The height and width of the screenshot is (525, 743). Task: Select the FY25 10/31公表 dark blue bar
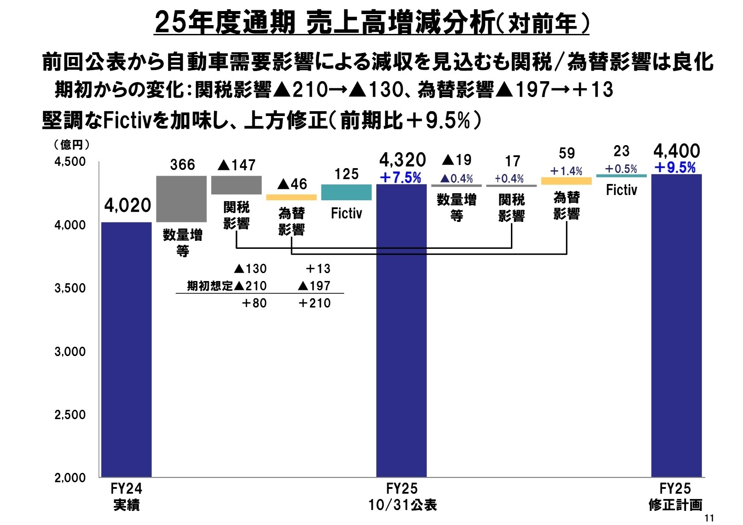[401, 331]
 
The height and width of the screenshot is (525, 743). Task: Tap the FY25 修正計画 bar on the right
[676, 326]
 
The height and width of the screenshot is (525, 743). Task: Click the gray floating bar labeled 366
[181, 199]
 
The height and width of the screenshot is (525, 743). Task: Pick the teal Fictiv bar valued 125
[346, 192]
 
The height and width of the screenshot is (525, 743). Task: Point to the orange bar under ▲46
[291, 197]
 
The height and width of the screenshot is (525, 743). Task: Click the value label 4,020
[128, 205]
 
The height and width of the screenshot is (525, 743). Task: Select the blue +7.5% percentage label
[401, 178]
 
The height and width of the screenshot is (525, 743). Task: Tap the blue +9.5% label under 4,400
[675, 168]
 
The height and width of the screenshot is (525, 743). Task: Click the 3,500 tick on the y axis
[70, 288]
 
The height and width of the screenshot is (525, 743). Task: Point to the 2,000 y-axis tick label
[70, 478]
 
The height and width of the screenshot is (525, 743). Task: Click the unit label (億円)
[71, 145]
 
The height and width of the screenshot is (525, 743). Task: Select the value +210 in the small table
[314, 303]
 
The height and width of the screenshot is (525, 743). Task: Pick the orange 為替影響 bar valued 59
[566, 181]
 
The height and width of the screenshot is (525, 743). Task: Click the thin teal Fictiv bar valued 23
[621, 176]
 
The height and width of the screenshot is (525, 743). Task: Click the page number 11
[709, 518]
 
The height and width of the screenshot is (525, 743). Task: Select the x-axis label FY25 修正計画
[675, 497]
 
